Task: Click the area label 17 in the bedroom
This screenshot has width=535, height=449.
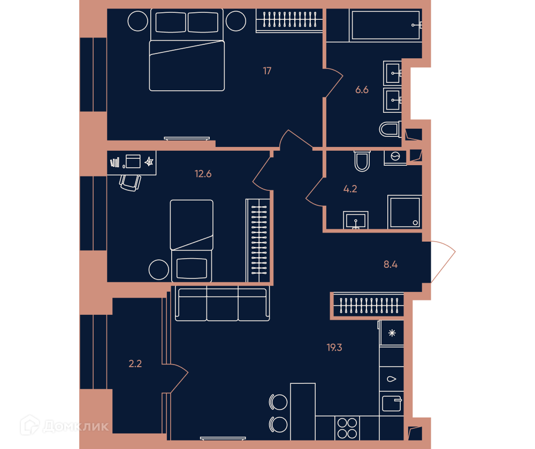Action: (267, 71)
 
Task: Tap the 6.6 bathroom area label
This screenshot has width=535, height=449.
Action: (362, 90)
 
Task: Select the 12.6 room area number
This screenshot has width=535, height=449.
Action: (203, 174)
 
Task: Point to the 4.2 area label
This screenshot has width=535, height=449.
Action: (350, 189)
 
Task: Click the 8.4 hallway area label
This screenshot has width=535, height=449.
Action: (391, 264)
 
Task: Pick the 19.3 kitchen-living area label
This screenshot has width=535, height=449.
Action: (334, 347)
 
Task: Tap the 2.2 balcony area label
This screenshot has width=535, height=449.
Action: (135, 364)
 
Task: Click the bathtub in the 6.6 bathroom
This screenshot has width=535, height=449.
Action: (386, 25)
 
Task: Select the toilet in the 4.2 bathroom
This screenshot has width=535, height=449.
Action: (362, 161)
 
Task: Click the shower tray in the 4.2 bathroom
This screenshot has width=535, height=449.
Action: (404, 212)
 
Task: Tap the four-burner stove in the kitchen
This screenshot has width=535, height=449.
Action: (347, 428)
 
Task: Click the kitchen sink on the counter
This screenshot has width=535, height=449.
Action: (392, 404)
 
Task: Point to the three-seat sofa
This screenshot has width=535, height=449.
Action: (223, 304)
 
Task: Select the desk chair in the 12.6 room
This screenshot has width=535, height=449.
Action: (130, 183)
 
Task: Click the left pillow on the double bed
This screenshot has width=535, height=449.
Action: (171, 22)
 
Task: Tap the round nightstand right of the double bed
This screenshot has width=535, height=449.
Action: (236, 21)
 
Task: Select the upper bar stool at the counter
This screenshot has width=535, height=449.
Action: (278, 402)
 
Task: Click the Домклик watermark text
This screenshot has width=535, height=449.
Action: (76, 426)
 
